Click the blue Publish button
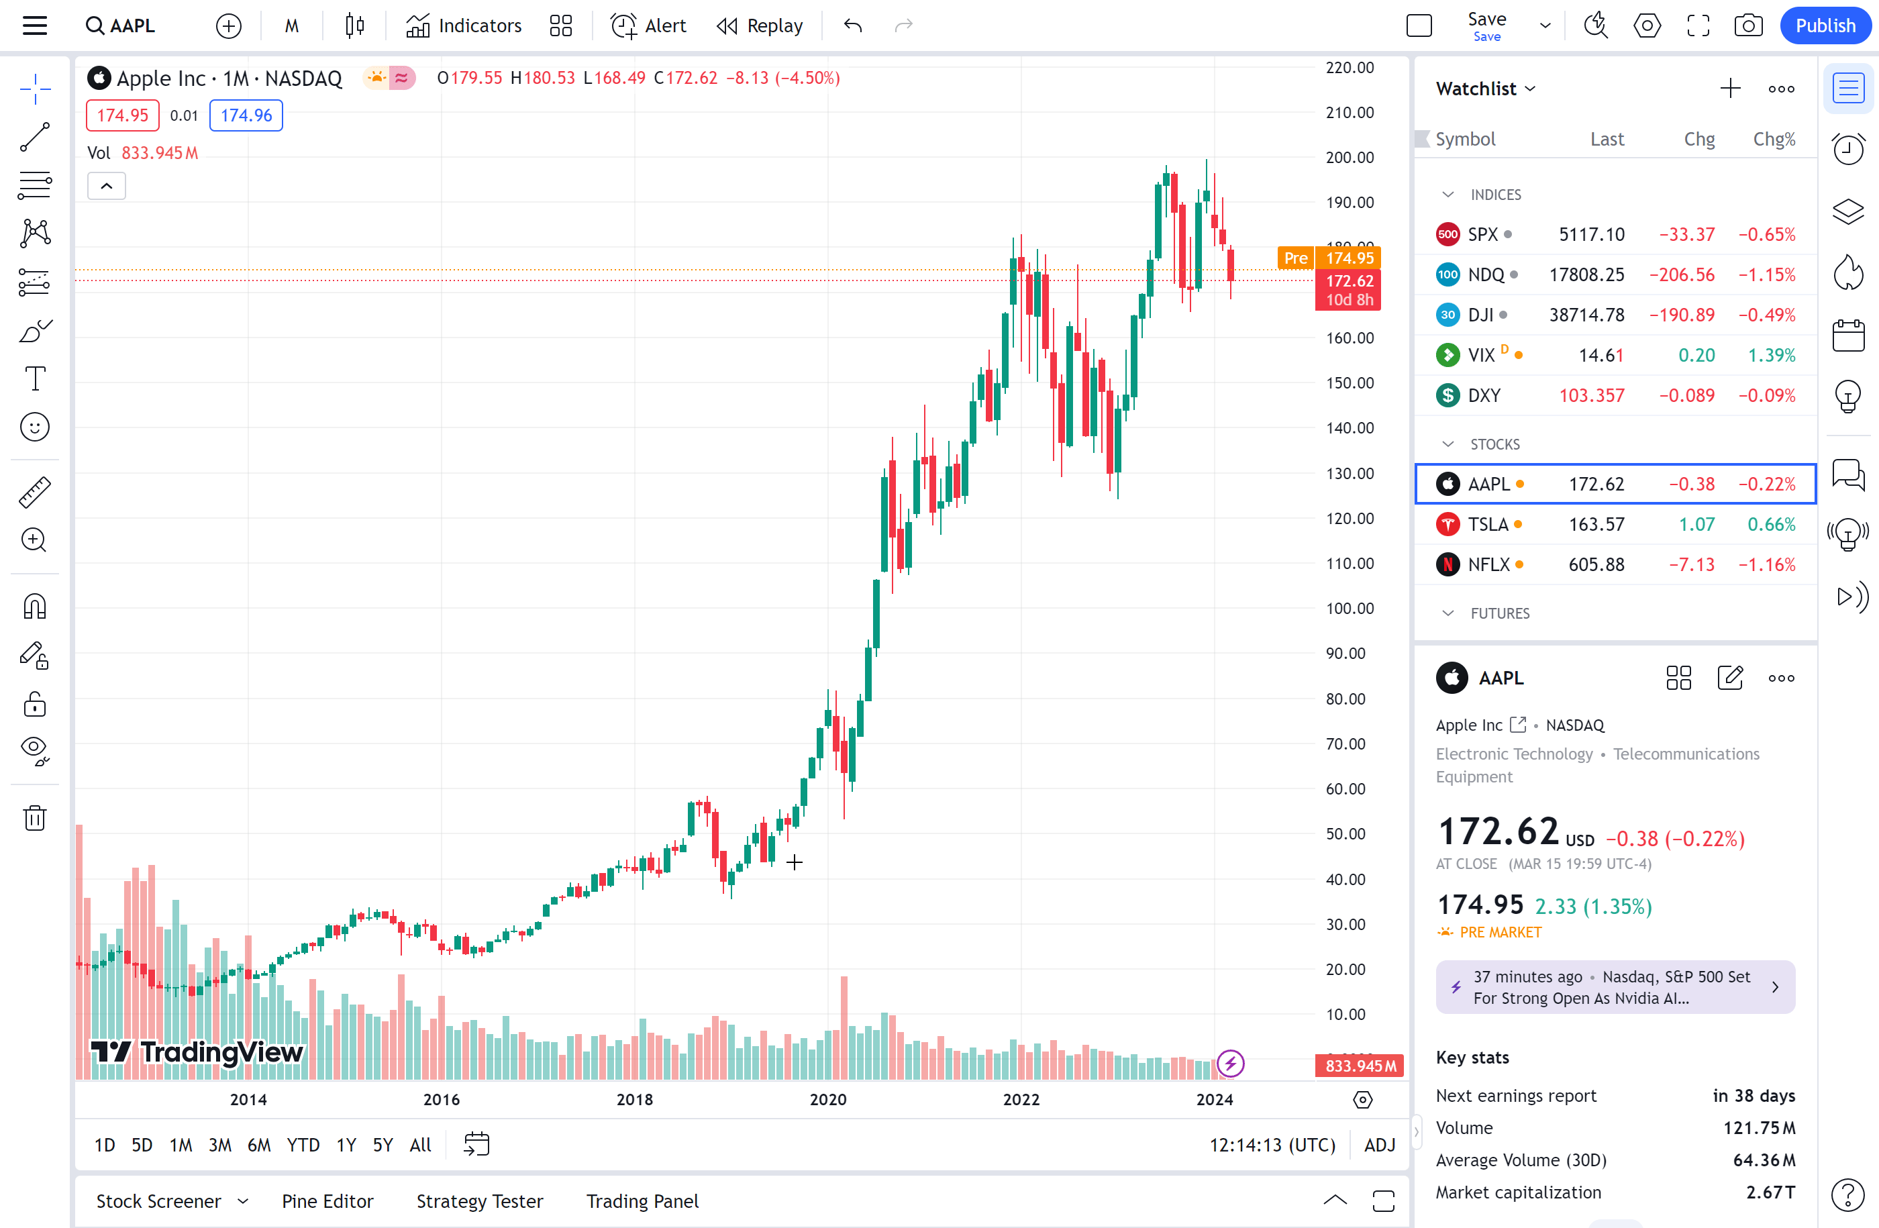point(1825,26)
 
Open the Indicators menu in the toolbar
point(464,26)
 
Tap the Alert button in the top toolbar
point(648,26)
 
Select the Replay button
point(760,26)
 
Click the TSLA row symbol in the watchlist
point(1487,525)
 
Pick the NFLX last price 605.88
point(1596,565)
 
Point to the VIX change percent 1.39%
point(1771,355)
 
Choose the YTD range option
point(303,1144)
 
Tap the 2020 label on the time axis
point(827,1099)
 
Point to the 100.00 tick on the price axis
point(1350,609)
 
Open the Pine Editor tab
point(327,1201)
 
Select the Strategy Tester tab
point(479,1201)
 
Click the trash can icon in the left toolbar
point(35,817)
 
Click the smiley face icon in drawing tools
point(35,427)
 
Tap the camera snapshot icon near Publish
point(1748,26)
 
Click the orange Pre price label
point(1294,258)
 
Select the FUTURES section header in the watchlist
point(1499,613)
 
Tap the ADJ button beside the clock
point(1378,1144)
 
